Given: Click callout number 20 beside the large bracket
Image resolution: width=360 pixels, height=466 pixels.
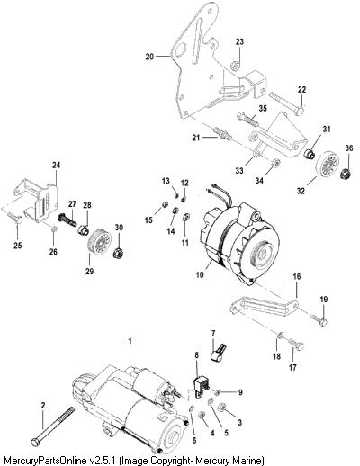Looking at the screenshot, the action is tap(149, 57).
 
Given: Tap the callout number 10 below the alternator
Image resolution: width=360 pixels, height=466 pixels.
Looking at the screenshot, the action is tap(200, 274).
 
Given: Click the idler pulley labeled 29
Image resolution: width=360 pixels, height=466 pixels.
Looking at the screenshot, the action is tap(99, 243).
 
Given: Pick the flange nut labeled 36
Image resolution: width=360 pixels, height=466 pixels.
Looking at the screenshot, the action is tap(346, 174).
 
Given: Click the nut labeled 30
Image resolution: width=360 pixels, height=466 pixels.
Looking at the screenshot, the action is tap(119, 254).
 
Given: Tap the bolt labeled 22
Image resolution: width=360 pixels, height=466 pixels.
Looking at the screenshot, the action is tap(286, 103).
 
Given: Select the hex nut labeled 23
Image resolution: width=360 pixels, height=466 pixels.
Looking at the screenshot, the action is tap(235, 65).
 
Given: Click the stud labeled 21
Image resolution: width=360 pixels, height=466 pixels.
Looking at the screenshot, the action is tap(223, 134).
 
